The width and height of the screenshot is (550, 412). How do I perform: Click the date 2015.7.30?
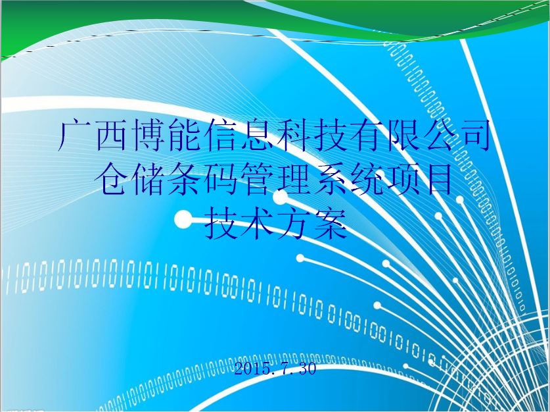[275, 369]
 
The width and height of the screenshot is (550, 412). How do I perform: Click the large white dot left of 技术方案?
[183, 220]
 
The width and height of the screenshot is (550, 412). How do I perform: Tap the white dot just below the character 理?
[281, 197]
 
